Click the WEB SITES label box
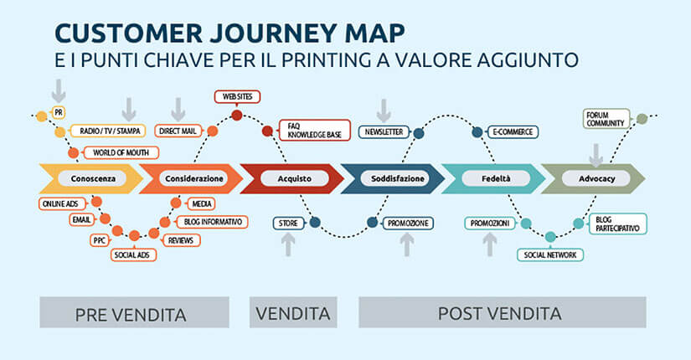[x=237, y=96]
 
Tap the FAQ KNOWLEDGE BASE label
[x=315, y=131]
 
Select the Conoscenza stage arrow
[x=91, y=178]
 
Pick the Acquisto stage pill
[x=294, y=178]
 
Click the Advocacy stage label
[x=596, y=178]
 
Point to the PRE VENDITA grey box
[x=134, y=312]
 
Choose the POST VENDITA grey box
[x=503, y=312]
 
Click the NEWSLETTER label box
[x=384, y=131]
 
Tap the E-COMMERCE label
[x=513, y=131]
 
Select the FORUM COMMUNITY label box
[x=606, y=119]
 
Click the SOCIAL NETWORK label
[x=550, y=255]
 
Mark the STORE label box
[x=288, y=223]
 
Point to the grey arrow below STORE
[x=288, y=244]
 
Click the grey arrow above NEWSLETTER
[x=384, y=111]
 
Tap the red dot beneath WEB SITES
[x=237, y=116]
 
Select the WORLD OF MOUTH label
[x=121, y=152]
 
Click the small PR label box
[x=58, y=112]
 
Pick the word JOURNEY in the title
[x=274, y=33]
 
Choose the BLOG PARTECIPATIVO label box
[x=617, y=224]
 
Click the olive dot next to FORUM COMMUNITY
[x=642, y=119]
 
